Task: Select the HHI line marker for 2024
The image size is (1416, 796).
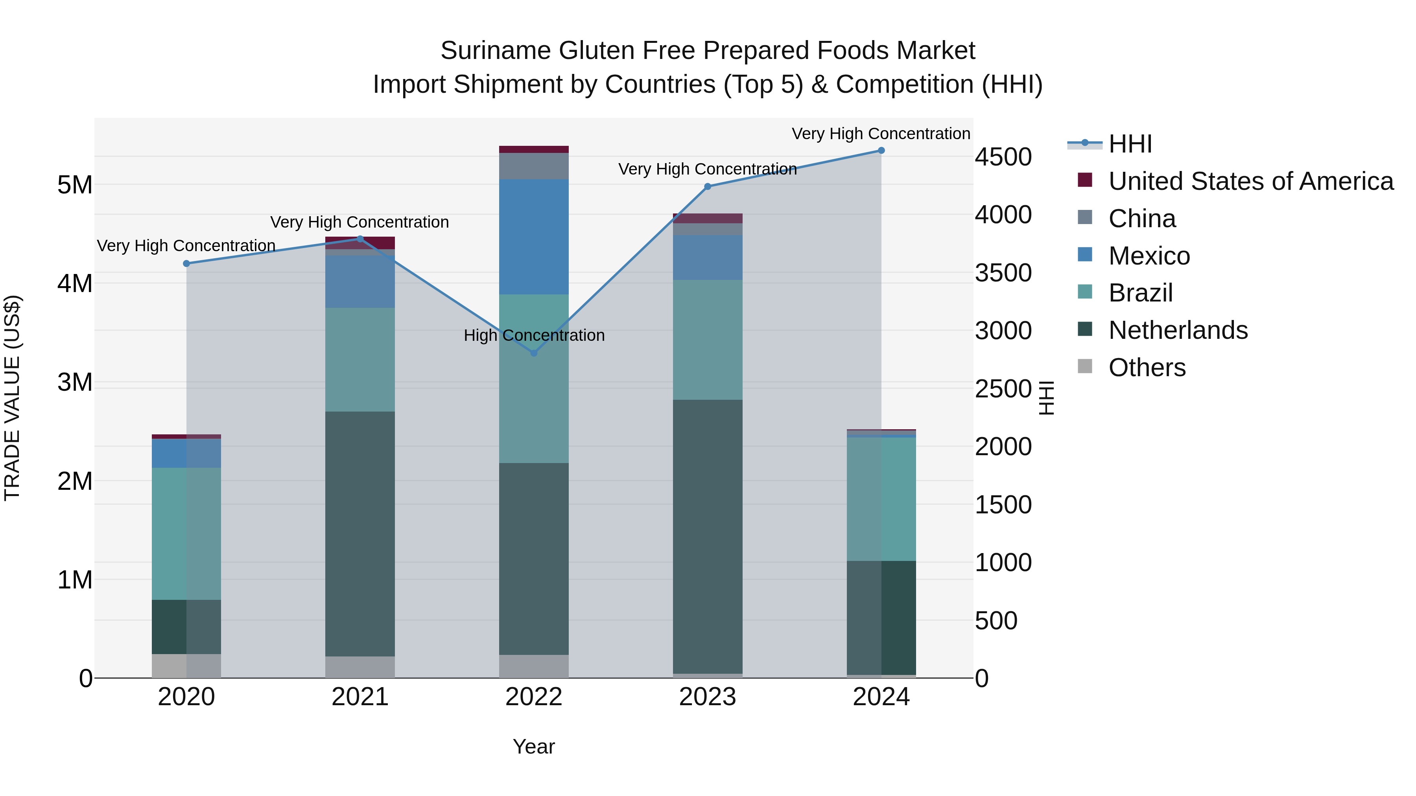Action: point(881,151)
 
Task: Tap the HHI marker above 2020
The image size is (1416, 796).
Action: point(186,264)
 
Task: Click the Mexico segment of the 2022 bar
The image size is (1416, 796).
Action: point(534,237)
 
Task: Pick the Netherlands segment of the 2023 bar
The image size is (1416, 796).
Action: point(708,536)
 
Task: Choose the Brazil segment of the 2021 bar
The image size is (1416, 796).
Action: point(360,360)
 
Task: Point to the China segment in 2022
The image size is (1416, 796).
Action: point(534,166)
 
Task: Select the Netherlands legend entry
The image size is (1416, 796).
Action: point(1177,330)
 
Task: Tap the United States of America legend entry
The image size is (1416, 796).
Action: point(1250,181)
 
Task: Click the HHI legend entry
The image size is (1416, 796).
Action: point(1130,144)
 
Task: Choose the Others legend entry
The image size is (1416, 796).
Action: point(1147,368)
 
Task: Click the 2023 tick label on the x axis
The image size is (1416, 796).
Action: point(708,697)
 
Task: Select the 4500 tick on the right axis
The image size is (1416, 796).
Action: point(1003,157)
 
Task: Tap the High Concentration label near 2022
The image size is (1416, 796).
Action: point(534,335)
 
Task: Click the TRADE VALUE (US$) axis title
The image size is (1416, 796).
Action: point(12,398)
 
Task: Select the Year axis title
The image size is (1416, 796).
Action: point(534,746)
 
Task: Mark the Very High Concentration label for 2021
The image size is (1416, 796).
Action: point(360,222)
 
